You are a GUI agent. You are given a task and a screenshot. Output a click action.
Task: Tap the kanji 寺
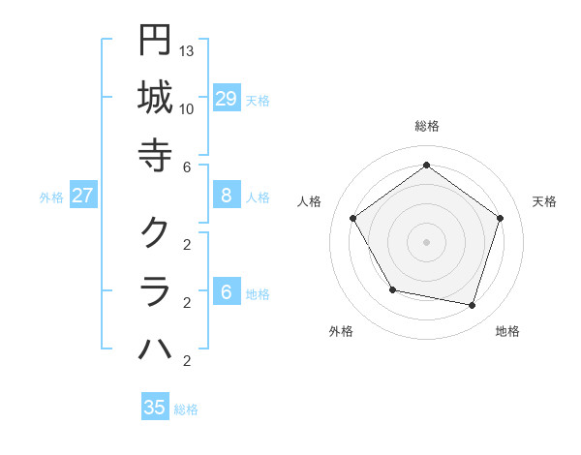coord(155,154)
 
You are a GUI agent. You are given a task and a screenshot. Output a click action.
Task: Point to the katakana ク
coord(155,231)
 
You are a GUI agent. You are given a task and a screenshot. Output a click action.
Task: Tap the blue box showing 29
coord(227,99)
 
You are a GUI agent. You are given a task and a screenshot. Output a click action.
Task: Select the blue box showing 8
coord(227,196)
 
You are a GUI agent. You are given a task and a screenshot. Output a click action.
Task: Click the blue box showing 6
coord(227,292)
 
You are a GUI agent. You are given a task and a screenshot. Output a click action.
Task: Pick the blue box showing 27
coord(83,196)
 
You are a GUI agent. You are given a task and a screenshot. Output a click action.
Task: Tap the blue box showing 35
coord(155,408)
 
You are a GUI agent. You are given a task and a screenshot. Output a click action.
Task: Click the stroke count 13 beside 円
coord(187,49)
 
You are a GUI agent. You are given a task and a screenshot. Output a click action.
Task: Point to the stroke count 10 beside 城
coord(187,108)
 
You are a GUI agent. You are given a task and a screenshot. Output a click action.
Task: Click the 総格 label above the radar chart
coord(426,126)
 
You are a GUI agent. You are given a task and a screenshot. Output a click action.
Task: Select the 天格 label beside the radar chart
coord(544,201)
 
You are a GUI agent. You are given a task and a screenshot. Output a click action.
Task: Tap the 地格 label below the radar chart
coord(507,331)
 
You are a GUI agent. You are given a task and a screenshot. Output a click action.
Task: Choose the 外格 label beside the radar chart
coord(341,331)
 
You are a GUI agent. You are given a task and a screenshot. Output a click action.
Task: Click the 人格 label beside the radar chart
coord(310,201)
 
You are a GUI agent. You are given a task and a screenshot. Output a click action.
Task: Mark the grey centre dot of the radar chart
coord(426,240)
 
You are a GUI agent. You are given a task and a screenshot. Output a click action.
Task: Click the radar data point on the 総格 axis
coord(426,165)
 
